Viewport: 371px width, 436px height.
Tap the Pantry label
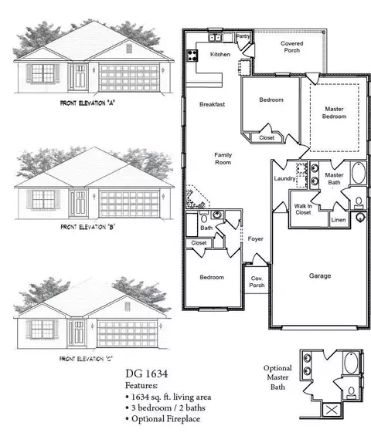pos(243,36)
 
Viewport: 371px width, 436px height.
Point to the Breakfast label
pos(212,104)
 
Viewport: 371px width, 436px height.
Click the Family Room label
pos(223,159)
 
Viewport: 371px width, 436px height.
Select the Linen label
pos(338,221)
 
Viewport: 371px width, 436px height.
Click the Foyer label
pos(256,239)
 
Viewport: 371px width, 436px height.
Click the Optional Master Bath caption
pos(277,378)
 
